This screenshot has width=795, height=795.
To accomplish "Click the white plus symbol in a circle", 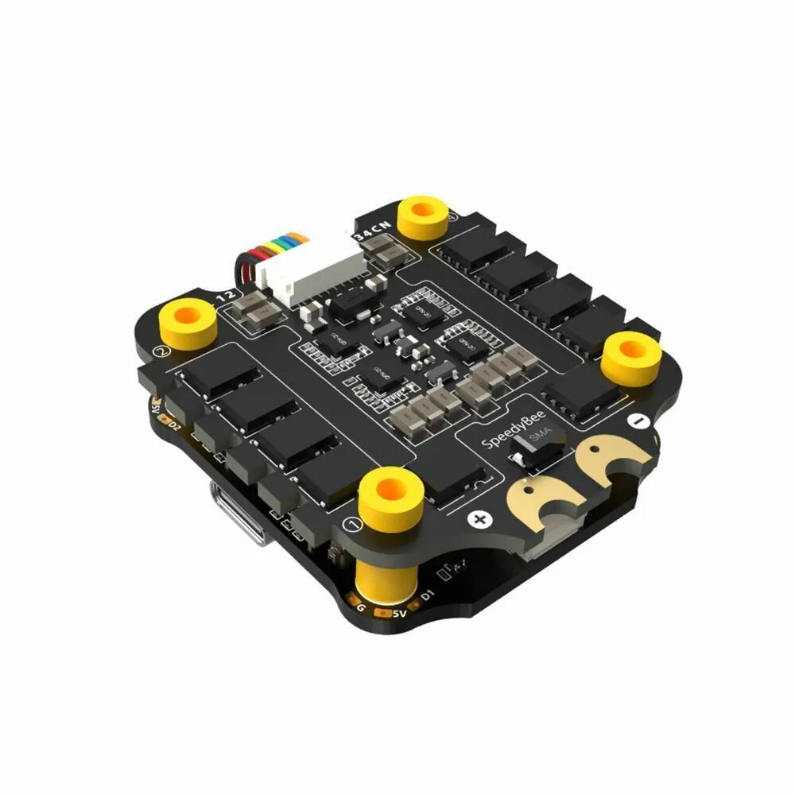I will pyautogui.click(x=479, y=520).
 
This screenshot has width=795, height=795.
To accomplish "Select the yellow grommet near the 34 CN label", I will pyautogui.click(x=426, y=217).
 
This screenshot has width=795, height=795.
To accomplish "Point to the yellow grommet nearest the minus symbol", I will pyautogui.click(x=632, y=356).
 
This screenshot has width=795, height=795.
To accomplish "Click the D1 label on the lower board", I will pyautogui.click(x=428, y=592).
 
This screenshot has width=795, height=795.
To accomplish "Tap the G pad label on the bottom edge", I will pyautogui.click(x=362, y=608).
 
